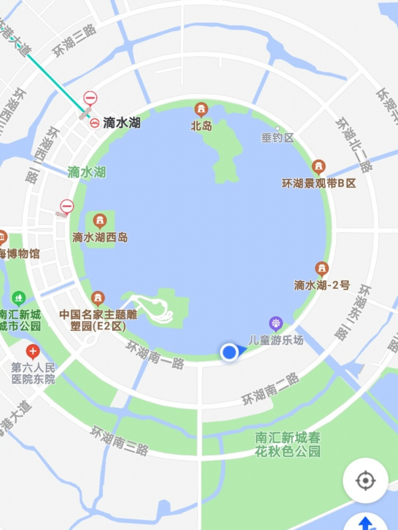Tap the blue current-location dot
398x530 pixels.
click(x=229, y=352)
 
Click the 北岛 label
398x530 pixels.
click(x=201, y=126)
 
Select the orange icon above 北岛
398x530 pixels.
click(x=201, y=110)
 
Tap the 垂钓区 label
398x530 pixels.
click(x=277, y=137)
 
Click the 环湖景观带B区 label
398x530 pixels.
click(x=319, y=183)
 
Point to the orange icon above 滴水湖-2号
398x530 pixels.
click(x=322, y=269)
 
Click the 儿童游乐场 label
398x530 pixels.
click(x=276, y=340)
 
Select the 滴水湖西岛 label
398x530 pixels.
click(x=100, y=238)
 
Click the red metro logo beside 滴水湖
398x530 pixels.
click(x=95, y=123)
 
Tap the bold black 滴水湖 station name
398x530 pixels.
click(x=122, y=123)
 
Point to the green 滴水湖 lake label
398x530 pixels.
click(x=87, y=172)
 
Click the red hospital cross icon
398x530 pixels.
click(x=33, y=352)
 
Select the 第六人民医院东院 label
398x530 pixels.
click(x=33, y=373)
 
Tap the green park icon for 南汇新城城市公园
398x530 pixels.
click(x=19, y=297)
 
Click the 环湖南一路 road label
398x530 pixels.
click(x=155, y=354)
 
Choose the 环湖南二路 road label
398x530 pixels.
click(x=270, y=389)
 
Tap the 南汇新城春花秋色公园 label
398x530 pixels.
click(x=288, y=445)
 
